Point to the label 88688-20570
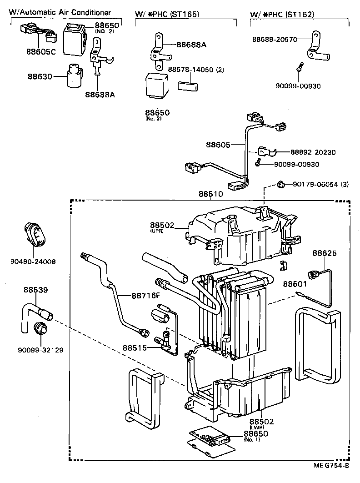pos(275,40)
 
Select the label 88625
pos(325,253)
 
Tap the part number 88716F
pos(146,296)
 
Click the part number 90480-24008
pos(33,262)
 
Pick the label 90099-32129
pos(40,350)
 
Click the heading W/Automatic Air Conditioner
pos(60,13)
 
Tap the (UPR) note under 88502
pos(156,231)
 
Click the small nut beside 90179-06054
pos(281,184)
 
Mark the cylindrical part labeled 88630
pos(73,76)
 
